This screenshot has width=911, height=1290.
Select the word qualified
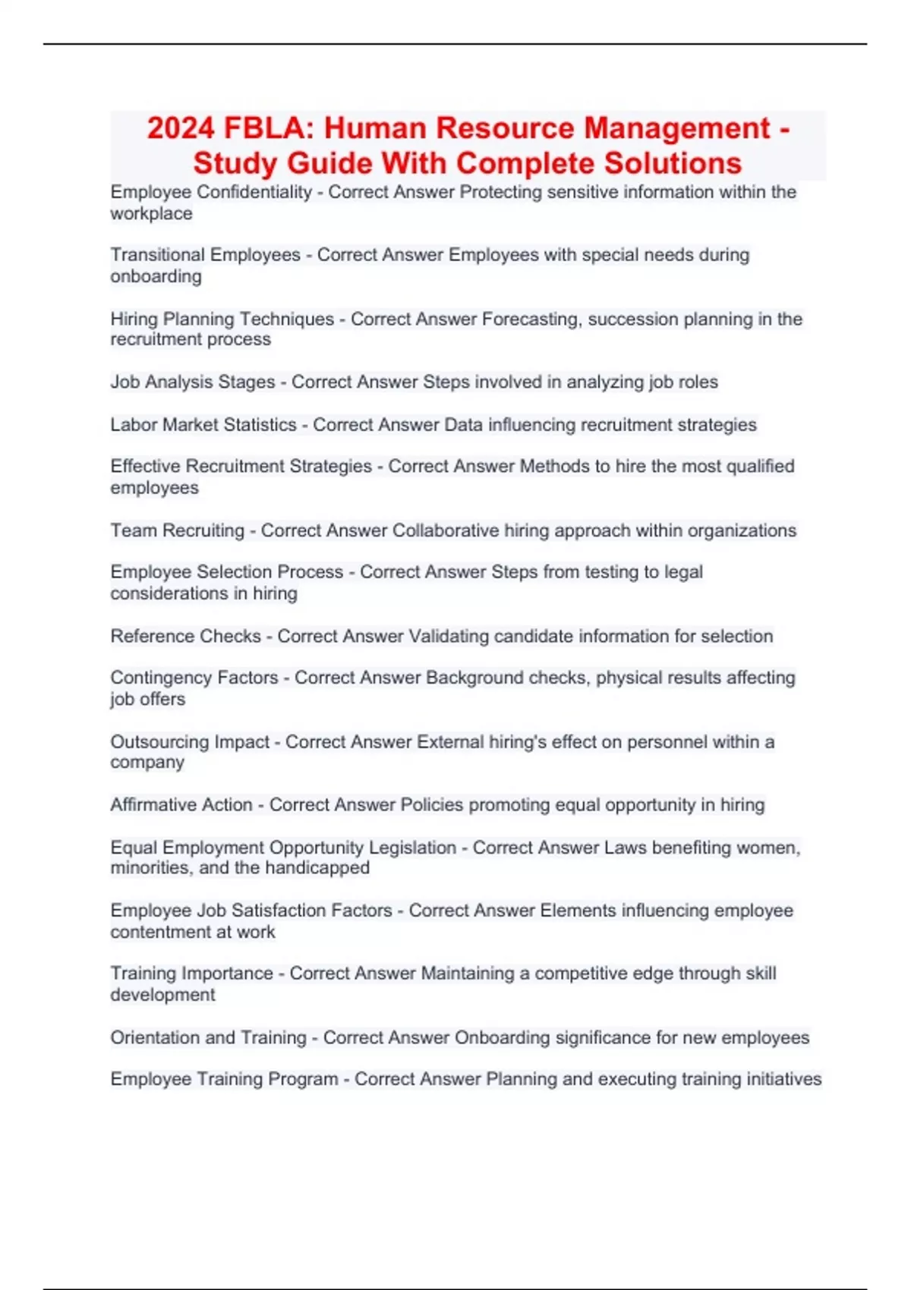coord(760,466)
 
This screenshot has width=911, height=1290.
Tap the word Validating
coord(449,636)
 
